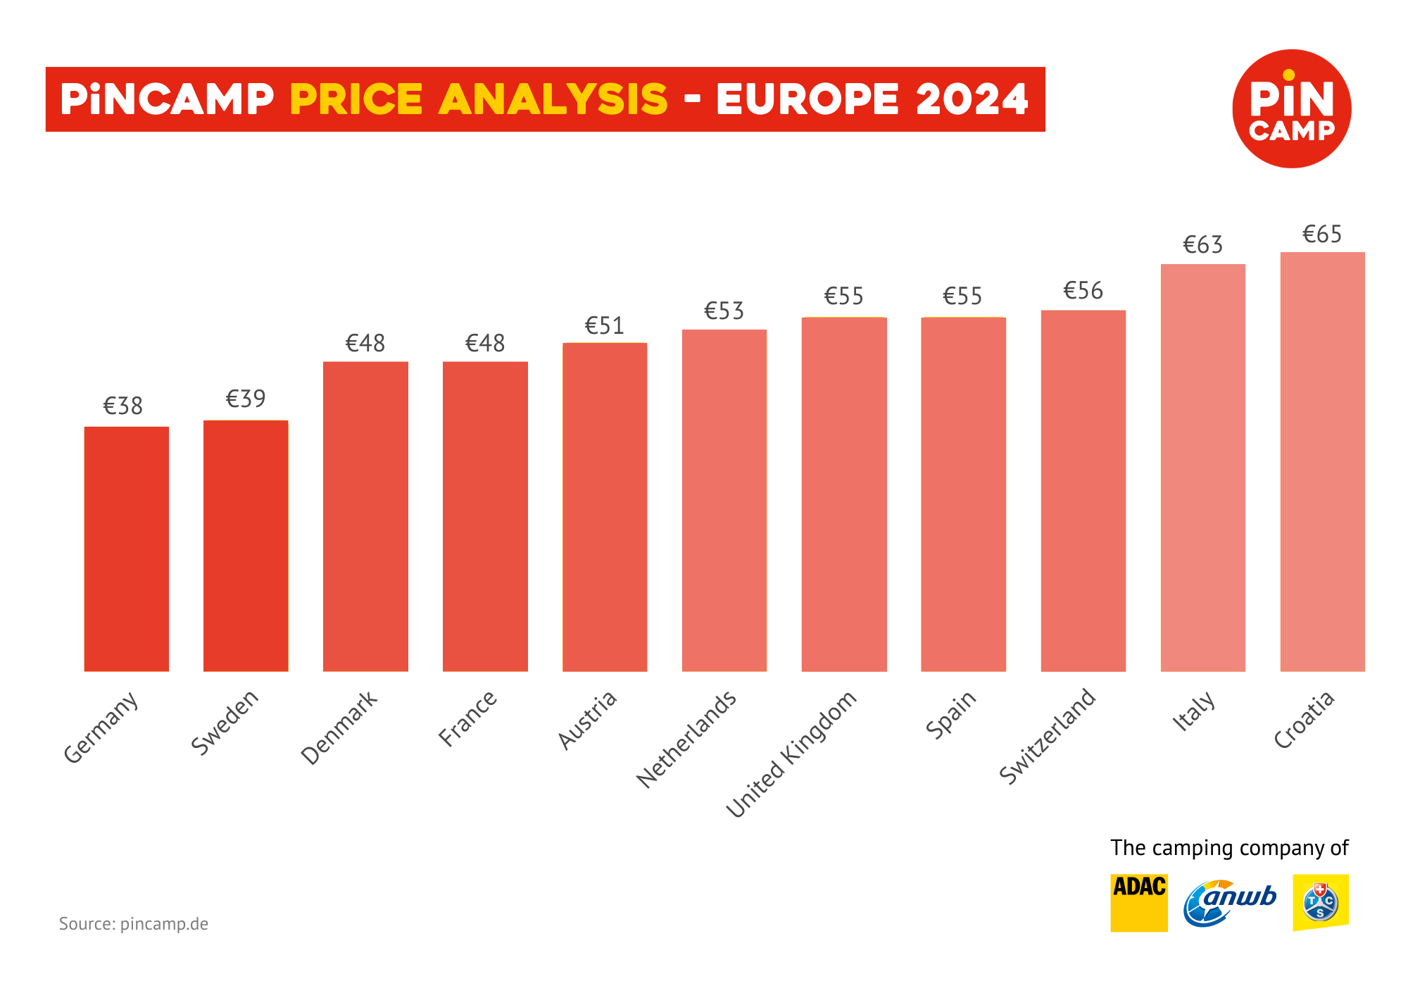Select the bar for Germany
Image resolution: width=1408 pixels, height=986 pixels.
[126, 549]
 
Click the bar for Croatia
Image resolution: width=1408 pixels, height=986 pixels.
[1322, 461]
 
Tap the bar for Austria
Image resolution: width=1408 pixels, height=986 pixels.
[605, 507]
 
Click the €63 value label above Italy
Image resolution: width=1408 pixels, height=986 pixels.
[1202, 245]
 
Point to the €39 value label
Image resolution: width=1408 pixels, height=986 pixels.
[246, 399]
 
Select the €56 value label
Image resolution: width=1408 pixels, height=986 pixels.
[1083, 291]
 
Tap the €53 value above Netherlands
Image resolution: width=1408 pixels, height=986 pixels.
[724, 311]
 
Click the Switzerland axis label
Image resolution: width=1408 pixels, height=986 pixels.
[1048, 736]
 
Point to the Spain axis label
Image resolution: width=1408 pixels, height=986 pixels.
[951, 714]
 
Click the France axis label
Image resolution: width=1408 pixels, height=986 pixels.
[468, 718]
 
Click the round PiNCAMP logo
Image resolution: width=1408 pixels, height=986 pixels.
[1291, 108]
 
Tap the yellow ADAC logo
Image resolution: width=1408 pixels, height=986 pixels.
[1138, 903]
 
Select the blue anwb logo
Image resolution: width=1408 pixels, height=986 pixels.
[1229, 903]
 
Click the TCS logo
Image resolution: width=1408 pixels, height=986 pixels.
[1320, 903]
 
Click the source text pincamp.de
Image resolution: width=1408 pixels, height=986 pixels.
[164, 924]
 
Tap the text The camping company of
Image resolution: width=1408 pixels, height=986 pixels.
[1229, 848]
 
